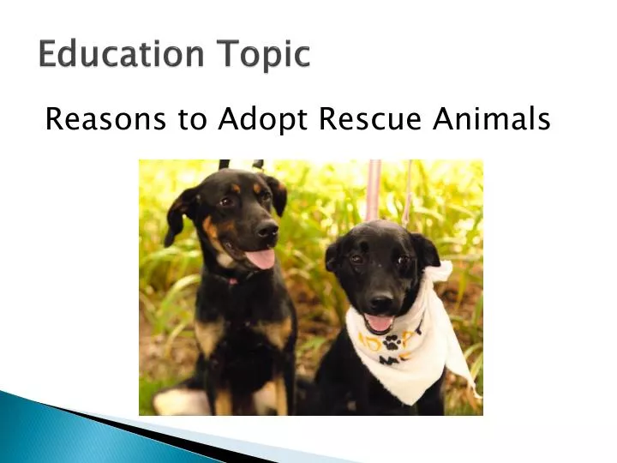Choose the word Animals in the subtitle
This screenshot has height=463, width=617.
(491, 120)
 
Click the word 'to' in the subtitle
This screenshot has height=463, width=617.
(194, 121)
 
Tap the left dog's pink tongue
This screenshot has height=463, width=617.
(261, 257)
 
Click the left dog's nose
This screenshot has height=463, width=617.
(267, 229)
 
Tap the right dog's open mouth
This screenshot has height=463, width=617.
(378, 321)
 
